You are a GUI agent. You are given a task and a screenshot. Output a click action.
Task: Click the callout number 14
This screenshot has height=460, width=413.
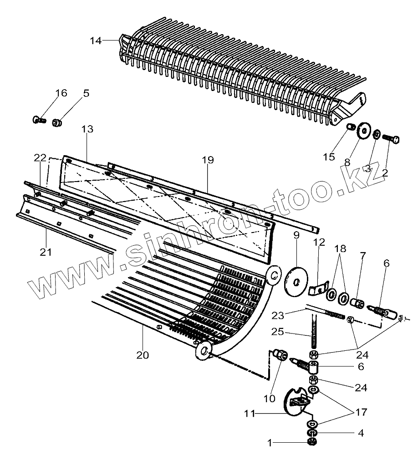(95, 40)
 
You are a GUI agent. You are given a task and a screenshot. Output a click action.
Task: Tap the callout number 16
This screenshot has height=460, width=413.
(61, 93)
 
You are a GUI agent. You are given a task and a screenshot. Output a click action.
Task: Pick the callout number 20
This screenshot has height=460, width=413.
(143, 355)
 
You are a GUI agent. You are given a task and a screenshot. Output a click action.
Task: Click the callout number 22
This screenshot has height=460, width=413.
(40, 157)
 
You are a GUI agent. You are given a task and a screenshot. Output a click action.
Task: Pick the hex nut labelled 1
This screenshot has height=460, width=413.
(312, 442)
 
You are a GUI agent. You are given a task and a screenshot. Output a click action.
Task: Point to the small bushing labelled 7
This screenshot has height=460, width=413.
(358, 303)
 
